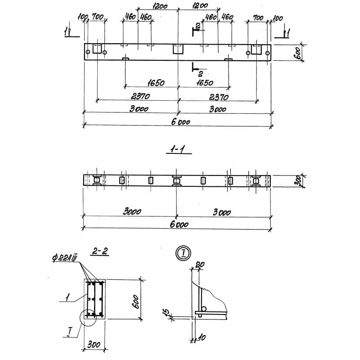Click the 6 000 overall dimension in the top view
[x=181, y=121]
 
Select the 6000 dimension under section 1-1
[x=179, y=225]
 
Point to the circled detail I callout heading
[x=184, y=252]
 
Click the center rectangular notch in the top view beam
[x=177, y=49]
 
